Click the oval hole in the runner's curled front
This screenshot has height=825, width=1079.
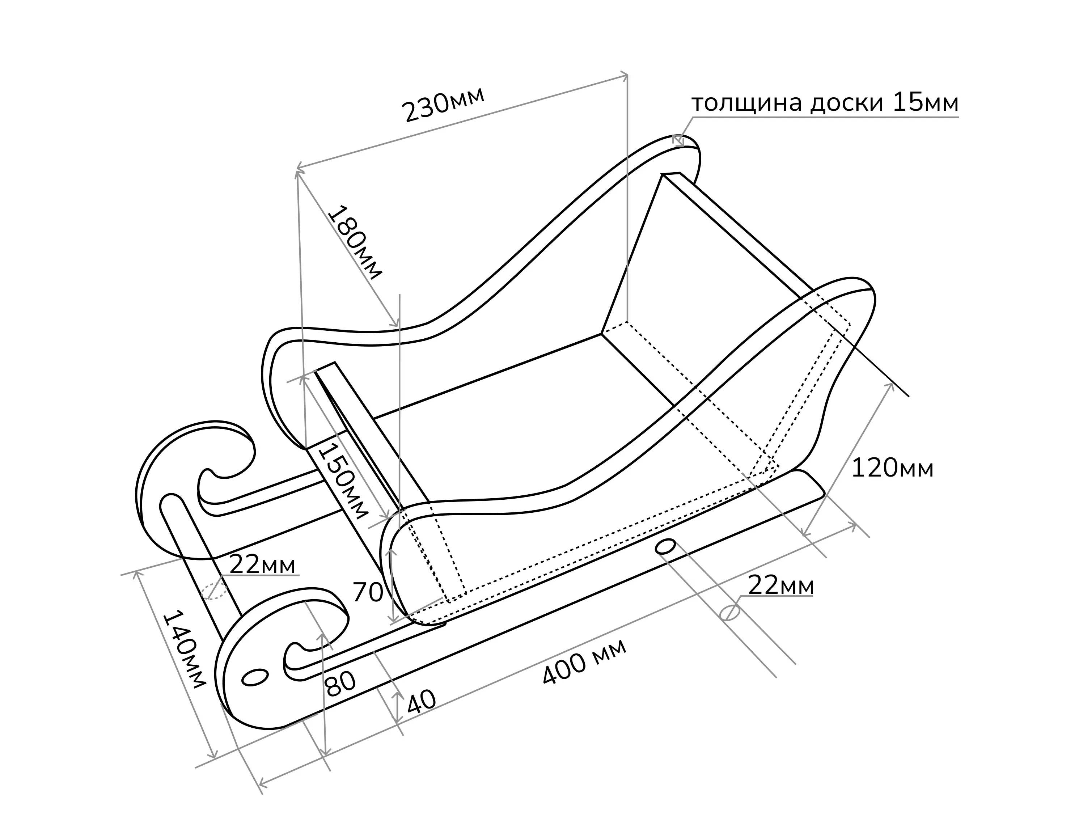[255, 677]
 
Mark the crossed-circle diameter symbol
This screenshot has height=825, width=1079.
[729, 612]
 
